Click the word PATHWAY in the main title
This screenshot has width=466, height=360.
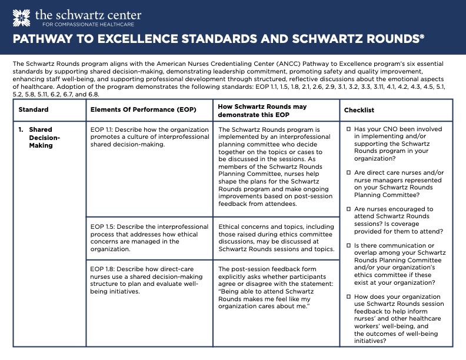tap(42, 40)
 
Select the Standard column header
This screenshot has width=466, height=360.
tap(34, 110)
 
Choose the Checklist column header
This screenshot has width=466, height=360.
tap(359, 110)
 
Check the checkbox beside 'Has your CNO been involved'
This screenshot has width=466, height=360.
tap(348, 128)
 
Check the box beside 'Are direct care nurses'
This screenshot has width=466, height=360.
tap(348, 173)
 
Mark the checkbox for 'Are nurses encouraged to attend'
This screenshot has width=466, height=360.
tap(348, 209)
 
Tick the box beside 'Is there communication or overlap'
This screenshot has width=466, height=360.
tap(348, 245)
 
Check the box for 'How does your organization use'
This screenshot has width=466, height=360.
tap(348, 297)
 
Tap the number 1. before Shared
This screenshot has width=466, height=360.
tap(21, 129)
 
